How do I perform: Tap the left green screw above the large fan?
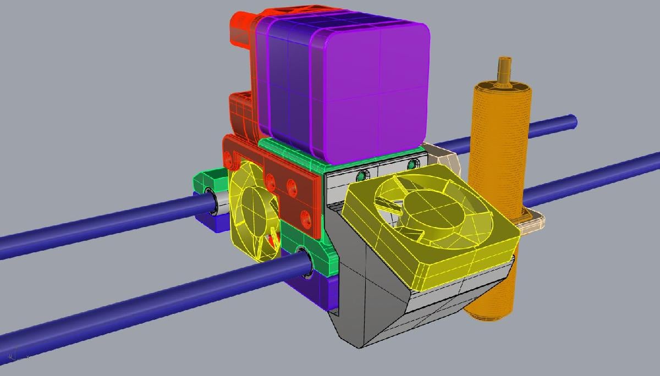coord(361,176)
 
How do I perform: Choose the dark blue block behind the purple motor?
coord(286,88)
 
